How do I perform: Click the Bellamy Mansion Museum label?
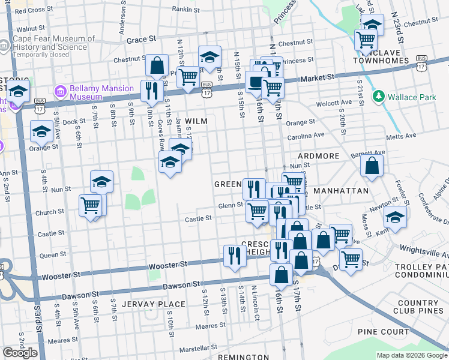pyautogui.click(x=101, y=92)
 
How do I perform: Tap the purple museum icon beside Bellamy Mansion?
pyautogui.click(x=60, y=92)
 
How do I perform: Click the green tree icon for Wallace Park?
pyautogui.click(x=378, y=96)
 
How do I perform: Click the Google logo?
pyautogui.click(x=20, y=353)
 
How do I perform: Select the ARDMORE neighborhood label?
pyautogui.click(x=319, y=156)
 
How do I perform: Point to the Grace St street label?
pyautogui.click(x=141, y=39)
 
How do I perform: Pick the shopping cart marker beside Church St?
pyautogui.click(x=91, y=205)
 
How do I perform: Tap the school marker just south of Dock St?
pyautogui.click(x=41, y=131)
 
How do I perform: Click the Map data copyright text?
pyautogui.click(x=412, y=355)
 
